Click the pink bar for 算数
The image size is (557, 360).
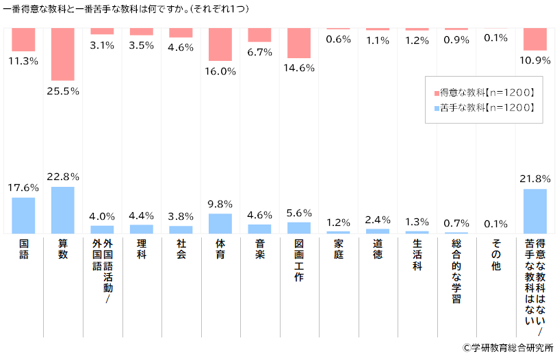63,54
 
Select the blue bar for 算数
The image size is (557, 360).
63,210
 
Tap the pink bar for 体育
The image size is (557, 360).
220,44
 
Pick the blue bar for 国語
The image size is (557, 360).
23,216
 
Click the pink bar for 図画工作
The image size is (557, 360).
299,42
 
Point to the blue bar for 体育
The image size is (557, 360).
220,224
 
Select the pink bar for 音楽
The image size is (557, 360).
260,35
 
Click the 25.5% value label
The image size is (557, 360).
63,90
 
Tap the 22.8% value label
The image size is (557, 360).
63,177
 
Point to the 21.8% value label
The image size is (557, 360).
536,179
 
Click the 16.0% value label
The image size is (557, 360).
220,70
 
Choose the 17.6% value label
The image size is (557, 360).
23,188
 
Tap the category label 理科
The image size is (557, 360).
142,248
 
